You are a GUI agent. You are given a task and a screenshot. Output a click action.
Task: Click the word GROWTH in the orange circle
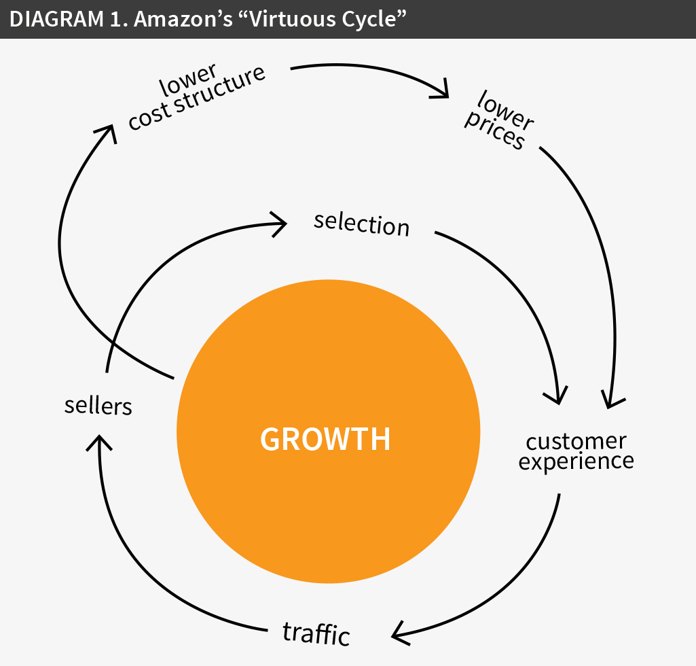coord(326,439)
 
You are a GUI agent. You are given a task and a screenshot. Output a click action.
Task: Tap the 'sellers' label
coord(98,406)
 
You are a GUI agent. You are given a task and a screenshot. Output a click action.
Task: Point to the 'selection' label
coord(362,223)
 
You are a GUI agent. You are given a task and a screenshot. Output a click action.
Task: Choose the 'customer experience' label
coord(576,451)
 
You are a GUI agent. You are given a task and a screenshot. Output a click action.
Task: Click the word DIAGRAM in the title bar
coord(48,19)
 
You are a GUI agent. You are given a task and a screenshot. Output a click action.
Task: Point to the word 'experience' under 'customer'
coord(576,462)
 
